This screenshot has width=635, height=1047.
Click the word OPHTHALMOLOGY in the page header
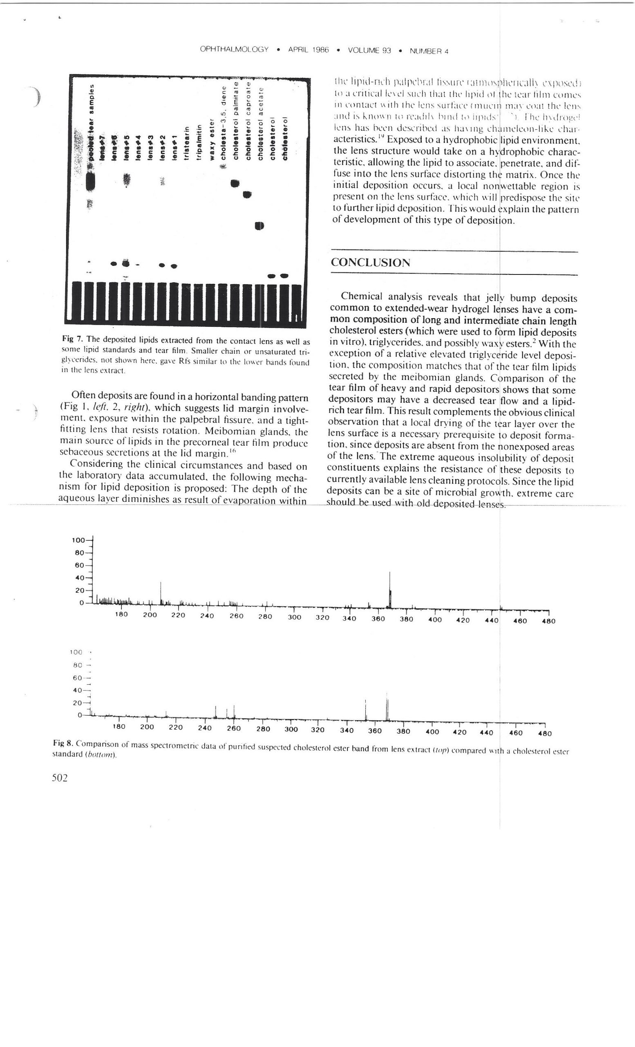(x=234, y=50)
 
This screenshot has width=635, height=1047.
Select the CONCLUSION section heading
(x=370, y=263)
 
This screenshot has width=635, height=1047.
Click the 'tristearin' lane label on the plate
(x=186, y=142)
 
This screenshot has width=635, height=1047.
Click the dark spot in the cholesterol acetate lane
(x=260, y=226)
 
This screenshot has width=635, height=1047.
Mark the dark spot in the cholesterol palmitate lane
(x=235, y=184)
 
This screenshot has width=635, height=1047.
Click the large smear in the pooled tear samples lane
(x=90, y=182)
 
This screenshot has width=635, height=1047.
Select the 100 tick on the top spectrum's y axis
(x=79, y=541)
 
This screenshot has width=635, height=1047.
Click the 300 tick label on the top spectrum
(x=294, y=618)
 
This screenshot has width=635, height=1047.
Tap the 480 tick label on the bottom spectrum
(x=545, y=733)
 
